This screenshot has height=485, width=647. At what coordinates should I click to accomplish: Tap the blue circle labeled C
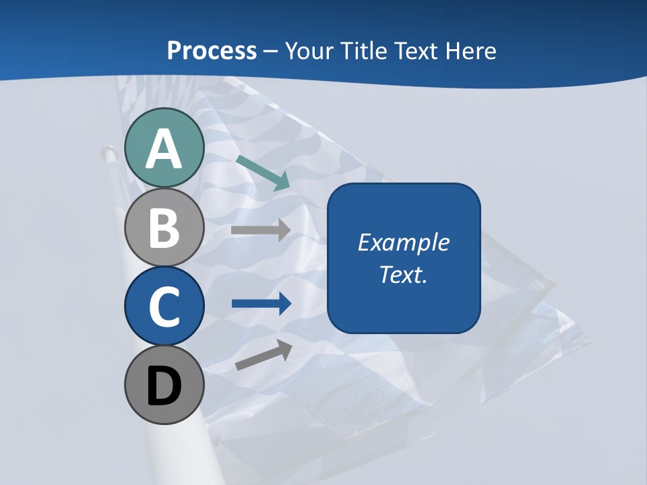(164, 306)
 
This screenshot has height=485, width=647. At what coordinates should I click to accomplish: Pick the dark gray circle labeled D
(164, 385)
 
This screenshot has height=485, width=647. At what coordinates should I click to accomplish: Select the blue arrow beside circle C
(261, 304)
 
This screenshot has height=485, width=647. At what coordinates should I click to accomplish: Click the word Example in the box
(404, 243)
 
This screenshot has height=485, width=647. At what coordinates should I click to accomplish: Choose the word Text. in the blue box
(403, 274)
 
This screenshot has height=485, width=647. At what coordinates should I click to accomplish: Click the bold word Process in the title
(212, 51)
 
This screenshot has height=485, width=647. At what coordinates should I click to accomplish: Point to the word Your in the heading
(311, 51)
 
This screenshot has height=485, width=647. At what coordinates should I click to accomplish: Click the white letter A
(164, 149)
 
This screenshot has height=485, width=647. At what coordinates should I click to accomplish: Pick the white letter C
(164, 306)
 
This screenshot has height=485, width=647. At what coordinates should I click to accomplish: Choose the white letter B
(164, 228)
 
